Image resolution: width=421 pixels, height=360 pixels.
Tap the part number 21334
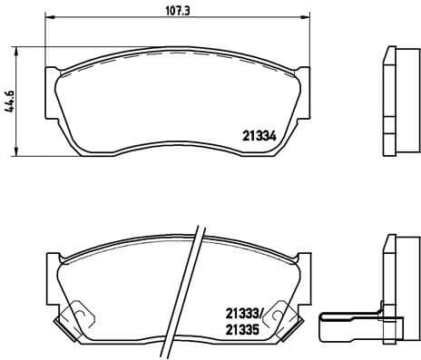259,136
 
